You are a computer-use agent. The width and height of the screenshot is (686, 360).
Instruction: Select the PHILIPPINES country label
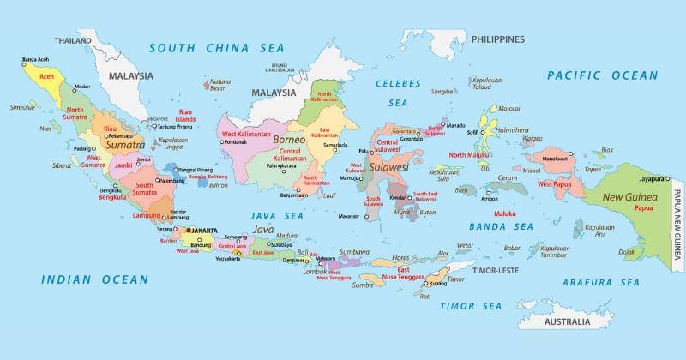pos(497,39)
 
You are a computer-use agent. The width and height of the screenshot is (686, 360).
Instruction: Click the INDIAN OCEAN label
pos(94,279)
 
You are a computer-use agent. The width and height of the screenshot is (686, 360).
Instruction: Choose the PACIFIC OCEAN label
pos(603,76)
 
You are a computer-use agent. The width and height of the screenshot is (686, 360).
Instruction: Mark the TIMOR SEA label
pos(471,306)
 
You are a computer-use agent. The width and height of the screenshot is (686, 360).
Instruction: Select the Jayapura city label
pos(653,179)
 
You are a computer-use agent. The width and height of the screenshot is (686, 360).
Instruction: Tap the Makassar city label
pos(349,216)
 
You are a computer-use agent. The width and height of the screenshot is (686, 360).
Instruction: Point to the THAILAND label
pos(73,40)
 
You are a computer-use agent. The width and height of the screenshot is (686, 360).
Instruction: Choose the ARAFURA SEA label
pos(600,282)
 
